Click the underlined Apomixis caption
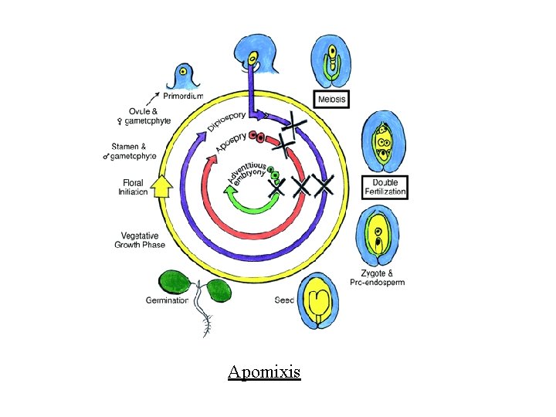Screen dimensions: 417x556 [264, 373]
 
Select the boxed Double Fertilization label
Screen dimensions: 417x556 [384, 186]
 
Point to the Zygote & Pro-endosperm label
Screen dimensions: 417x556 [382, 277]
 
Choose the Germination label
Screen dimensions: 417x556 [167, 300]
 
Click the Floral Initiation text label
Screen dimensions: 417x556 [134, 188]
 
